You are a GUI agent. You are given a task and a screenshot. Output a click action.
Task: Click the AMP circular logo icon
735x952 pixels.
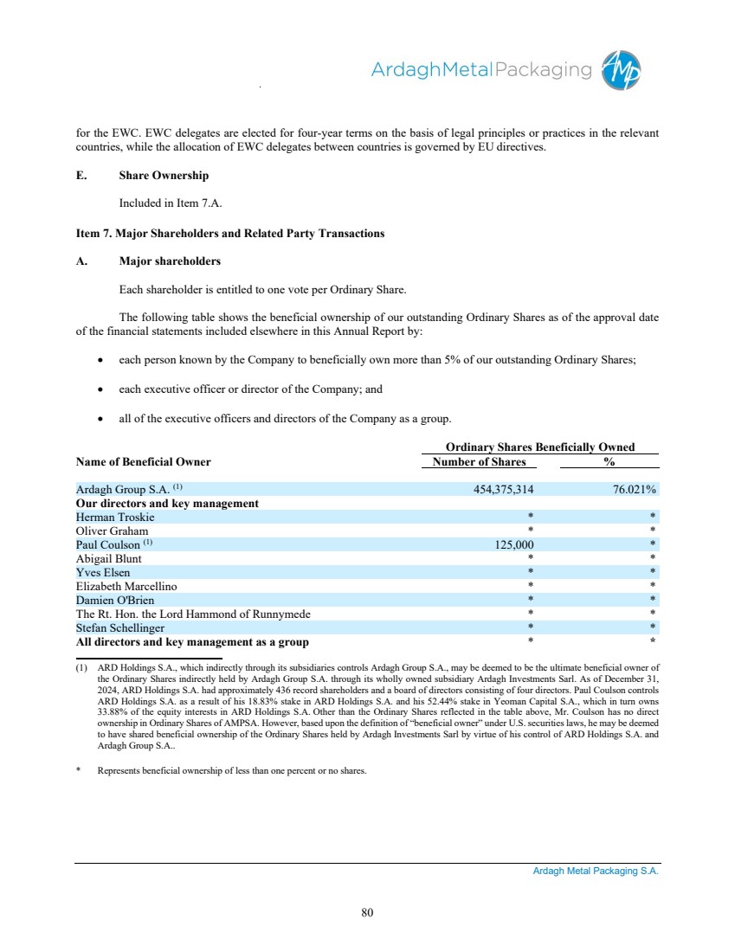click(x=622, y=70)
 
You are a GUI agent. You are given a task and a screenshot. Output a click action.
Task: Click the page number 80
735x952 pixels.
click(x=367, y=912)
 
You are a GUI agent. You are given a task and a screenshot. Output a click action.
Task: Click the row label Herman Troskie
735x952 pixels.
click(x=115, y=517)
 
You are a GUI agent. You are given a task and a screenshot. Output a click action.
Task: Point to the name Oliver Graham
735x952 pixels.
click(x=112, y=531)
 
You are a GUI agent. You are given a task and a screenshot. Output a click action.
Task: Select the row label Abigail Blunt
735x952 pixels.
click(x=108, y=558)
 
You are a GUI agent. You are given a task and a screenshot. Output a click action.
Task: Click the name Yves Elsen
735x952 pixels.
click(x=103, y=572)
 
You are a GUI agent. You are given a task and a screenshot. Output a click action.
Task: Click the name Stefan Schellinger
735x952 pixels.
click(x=120, y=627)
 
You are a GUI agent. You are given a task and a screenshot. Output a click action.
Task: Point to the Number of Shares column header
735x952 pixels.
click(x=479, y=461)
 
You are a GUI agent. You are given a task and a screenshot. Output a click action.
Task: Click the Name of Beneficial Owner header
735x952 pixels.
click(x=143, y=461)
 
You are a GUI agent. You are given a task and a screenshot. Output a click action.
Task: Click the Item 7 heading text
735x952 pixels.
click(x=230, y=234)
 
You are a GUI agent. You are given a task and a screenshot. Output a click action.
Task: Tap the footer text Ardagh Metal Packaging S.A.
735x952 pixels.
click(x=596, y=872)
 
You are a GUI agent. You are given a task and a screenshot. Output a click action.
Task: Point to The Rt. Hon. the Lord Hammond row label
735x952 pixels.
click(x=193, y=614)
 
